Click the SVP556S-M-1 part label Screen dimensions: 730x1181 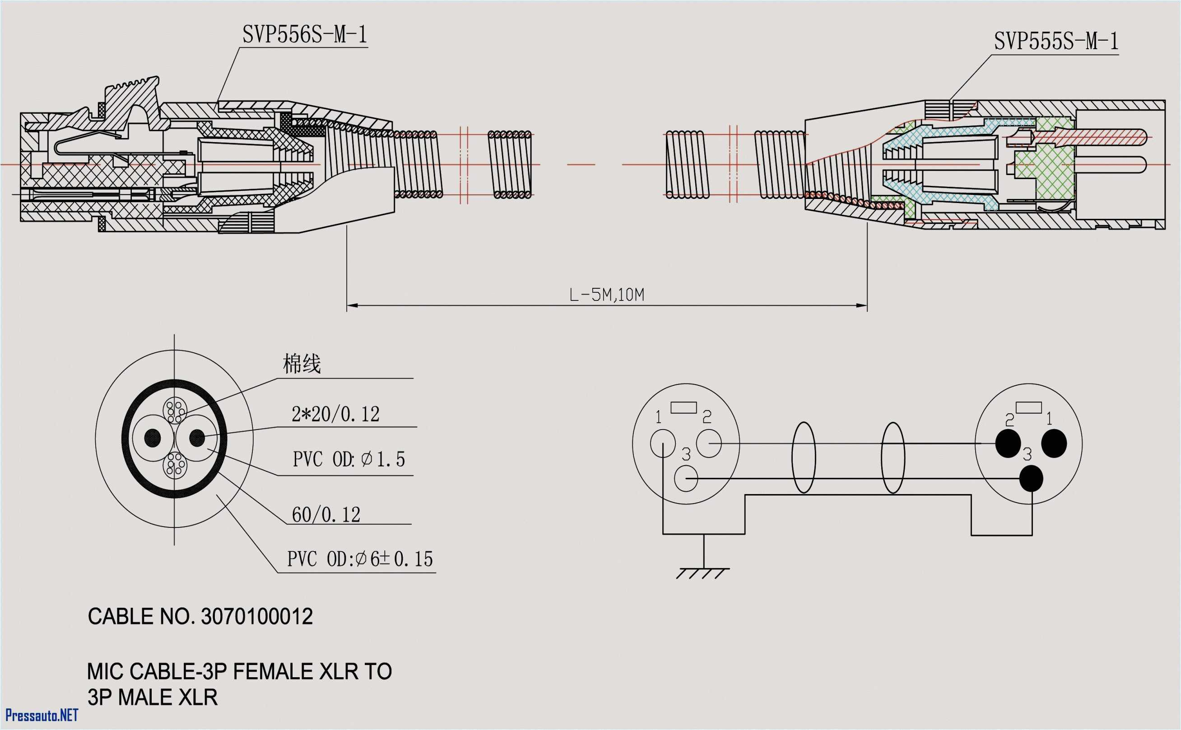pos(304,35)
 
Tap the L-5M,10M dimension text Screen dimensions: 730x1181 pos(606,295)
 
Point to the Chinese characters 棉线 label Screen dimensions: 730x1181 pos(302,364)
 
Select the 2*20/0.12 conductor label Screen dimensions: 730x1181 pos(335,414)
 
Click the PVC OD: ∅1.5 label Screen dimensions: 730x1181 pos(348,459)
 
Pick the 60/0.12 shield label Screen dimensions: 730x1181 pos(326,515)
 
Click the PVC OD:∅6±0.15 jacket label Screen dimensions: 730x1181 pos(359,559)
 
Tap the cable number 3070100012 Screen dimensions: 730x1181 pos(256,617)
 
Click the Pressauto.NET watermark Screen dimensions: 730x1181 pos(42,715)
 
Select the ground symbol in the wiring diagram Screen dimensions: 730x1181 pos(703,573)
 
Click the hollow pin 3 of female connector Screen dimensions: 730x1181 pos(686,478)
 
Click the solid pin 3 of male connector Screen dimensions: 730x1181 pos(1031,478)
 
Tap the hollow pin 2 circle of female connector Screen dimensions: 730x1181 pos(709,443)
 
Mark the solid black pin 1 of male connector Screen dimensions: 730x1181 pos(1054,443)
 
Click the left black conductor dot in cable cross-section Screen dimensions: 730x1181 pos(153,438)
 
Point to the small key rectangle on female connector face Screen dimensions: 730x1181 pos(683,407)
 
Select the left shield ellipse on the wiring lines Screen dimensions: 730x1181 pos(804,457)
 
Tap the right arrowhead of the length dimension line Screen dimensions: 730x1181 pos(862,305)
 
